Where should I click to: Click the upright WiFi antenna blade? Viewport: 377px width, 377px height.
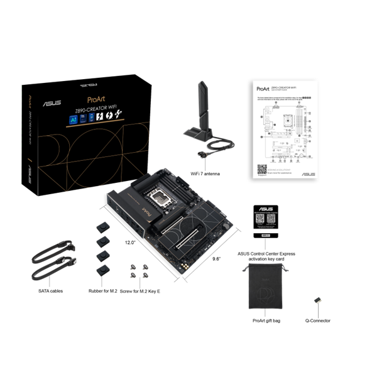[x=204, y=101]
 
